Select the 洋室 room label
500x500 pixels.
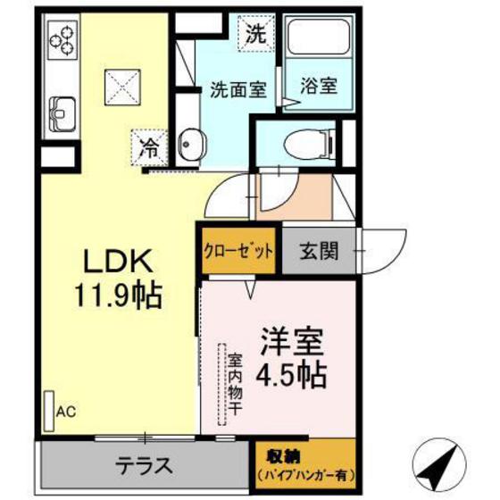pyautogui.click(x=285, y=342)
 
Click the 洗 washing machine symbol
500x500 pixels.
pyautogui.click(x=256, y=37)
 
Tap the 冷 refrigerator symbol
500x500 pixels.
pyautogui.click(x=149, y=147)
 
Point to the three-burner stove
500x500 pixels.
pyautogui.click(x=65, y=41)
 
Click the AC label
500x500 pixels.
pyautogui.click(x=65, y=412)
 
